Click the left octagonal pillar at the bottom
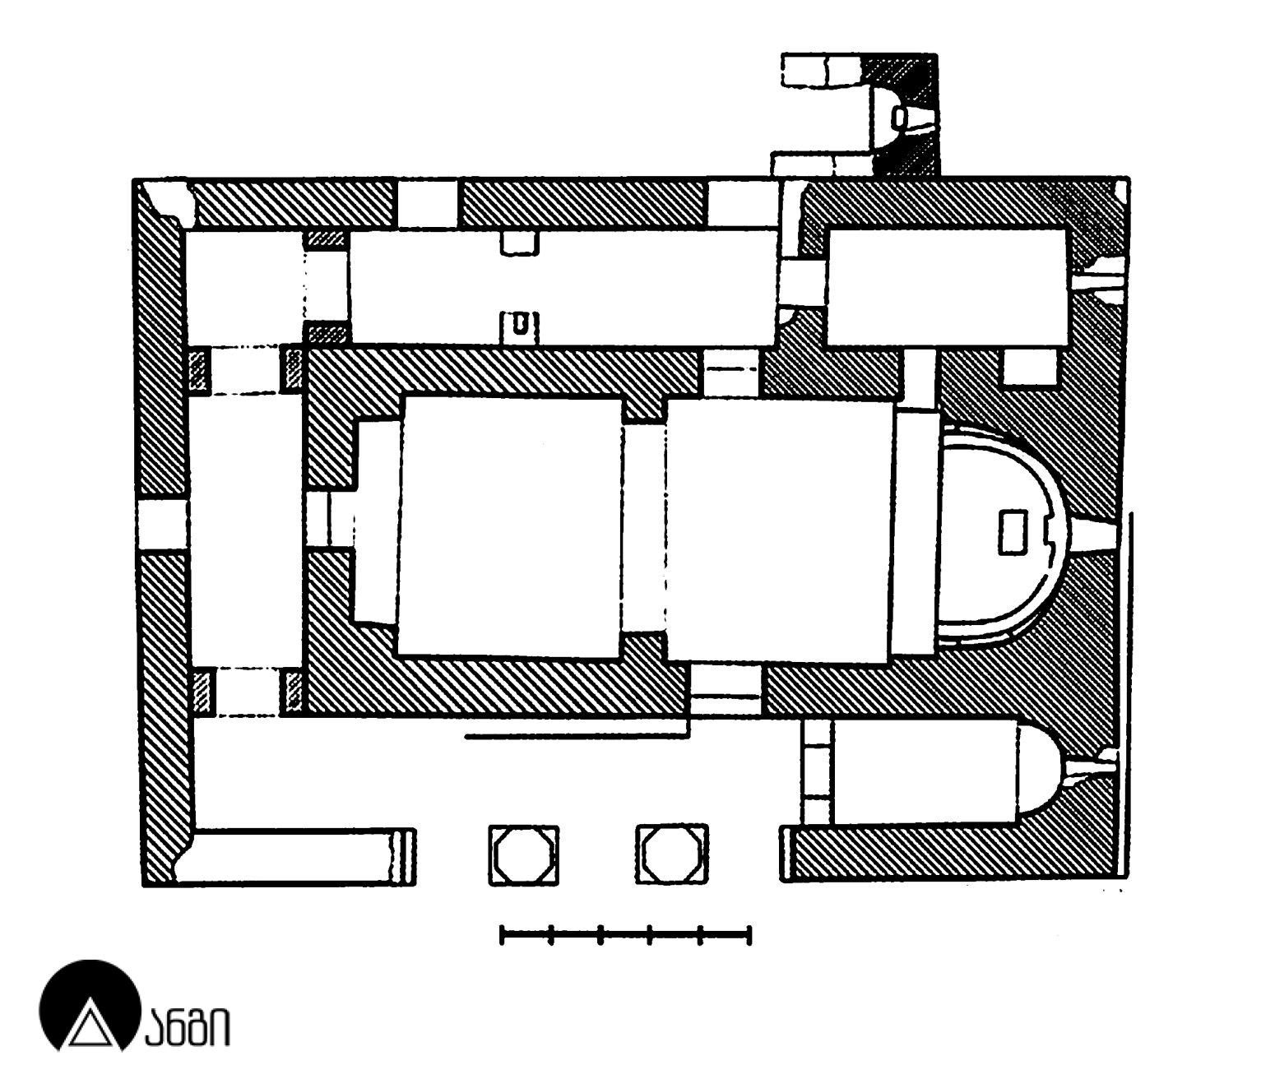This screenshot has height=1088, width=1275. click(x=524, y=855)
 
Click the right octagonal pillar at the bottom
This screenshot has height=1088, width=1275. click(x=672, y=855)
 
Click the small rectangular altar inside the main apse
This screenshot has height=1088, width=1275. click(x=1012, y=532)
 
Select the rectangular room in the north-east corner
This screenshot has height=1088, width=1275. click(x=946, y=286)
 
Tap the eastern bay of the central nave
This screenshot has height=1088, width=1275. click(x=777, y=530)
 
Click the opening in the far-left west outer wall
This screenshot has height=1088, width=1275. click(x=162, y=524)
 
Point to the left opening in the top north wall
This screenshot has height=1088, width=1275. click(x=427, y=203)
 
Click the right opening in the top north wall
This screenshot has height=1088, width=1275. click(x=743, y=203)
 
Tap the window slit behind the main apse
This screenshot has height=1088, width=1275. click(x=1094, y=539)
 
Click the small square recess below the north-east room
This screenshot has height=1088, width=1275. click(x=1030, y=367)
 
